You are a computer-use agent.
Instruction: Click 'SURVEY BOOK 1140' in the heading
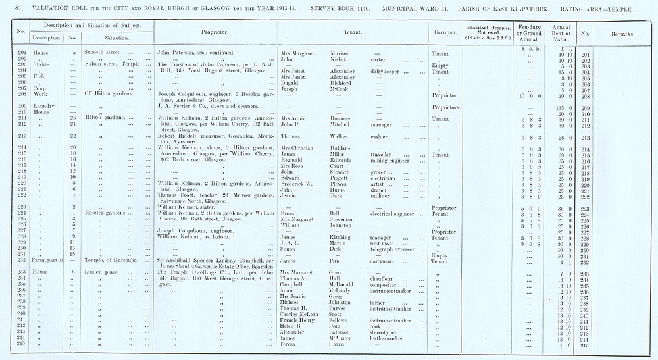pyautogui.click(x=344, y=7)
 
